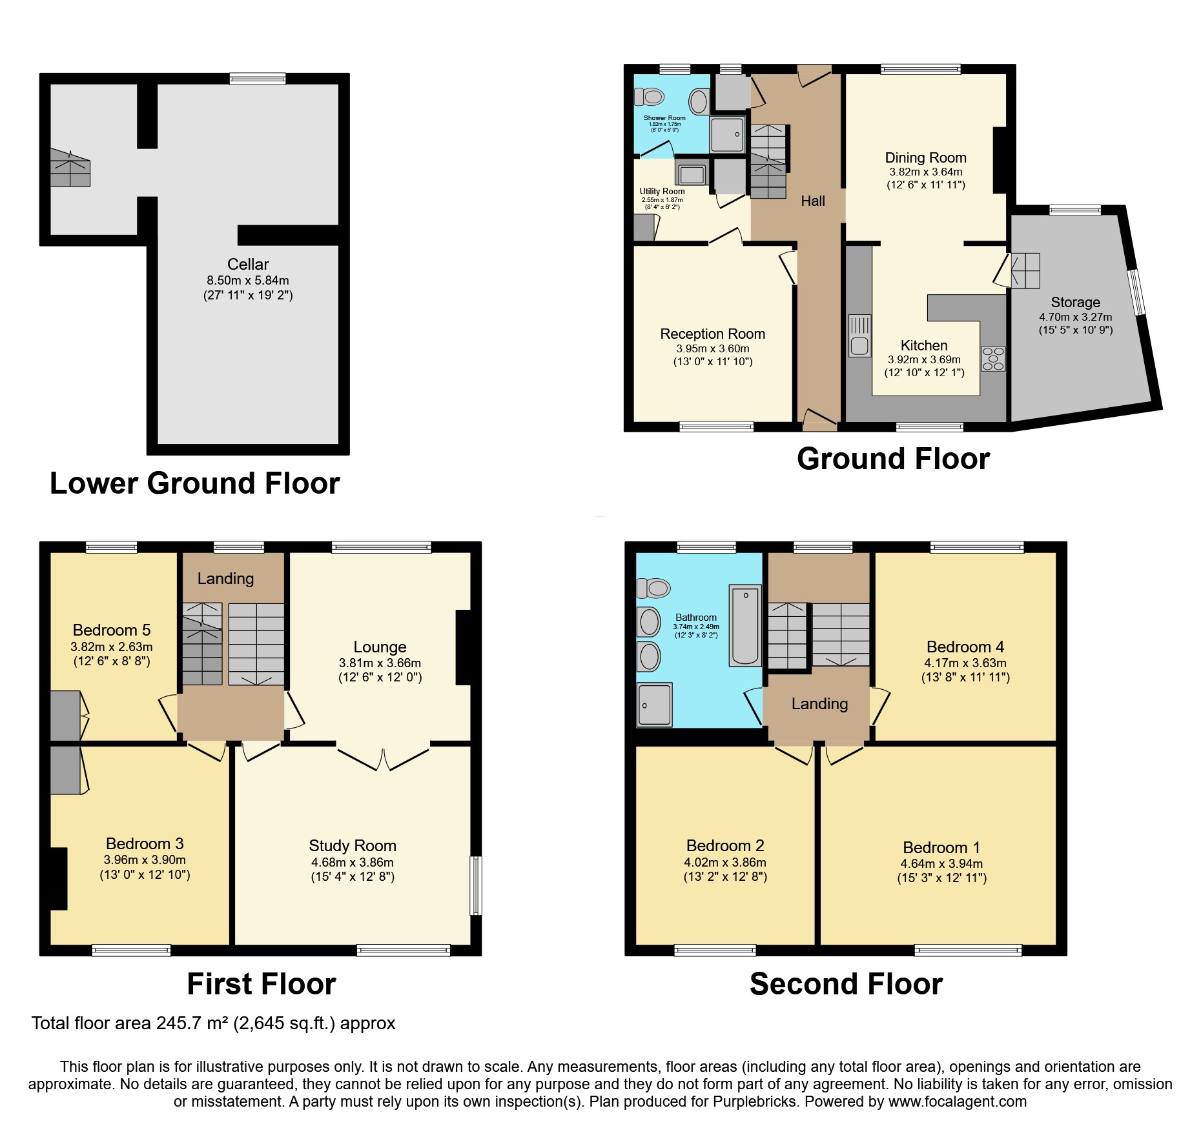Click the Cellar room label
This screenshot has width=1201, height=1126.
(x=248, y=264)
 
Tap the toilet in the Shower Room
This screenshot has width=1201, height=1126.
(x=650, y=97)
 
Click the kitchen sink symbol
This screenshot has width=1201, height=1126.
(x=859, y=336)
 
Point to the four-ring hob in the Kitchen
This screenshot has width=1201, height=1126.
(x=993, y=359)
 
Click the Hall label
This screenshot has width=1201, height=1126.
(x=813, y=201)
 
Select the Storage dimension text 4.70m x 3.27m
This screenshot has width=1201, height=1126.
(x=1075, y=317)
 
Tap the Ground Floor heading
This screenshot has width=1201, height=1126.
(x=893, y=459)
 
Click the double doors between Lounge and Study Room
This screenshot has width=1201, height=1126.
(x=384, y=759)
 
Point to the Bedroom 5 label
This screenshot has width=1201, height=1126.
(x=112, y=630)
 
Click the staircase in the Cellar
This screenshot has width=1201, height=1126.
(x=70, y=168)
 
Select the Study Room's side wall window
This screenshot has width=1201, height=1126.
(x=476, y=885)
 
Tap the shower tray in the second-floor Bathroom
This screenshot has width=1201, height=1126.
(x=654, y=704)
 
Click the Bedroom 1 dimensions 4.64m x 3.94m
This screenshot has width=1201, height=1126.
(x=941, y=863)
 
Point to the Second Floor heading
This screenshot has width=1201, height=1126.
(x=846, y=984)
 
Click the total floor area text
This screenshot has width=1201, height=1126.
(x=213, y=1023)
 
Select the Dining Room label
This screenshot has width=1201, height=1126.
(x=925, y=157)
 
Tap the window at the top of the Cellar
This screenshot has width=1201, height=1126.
(x=258, y=79)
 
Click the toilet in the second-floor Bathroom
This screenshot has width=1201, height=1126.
(x=653, y=588)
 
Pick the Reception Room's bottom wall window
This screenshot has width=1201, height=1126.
(x=716, y=427)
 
